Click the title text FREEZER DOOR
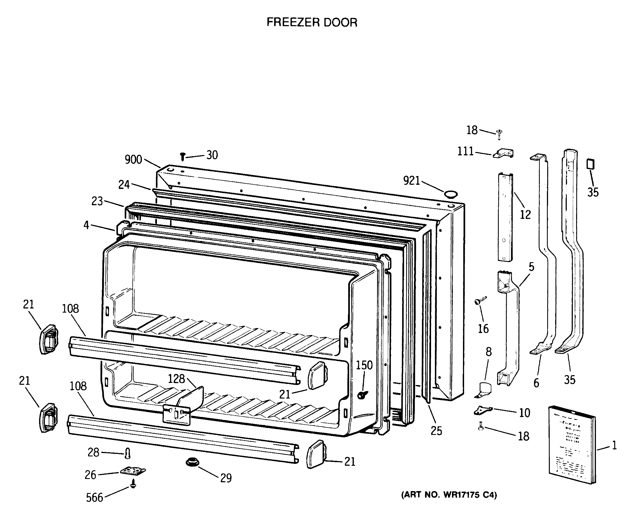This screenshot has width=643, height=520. point(312,23)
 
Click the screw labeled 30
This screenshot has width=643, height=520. point(182,156)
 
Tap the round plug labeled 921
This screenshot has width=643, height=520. point(451,194)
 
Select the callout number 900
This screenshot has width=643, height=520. point(133,160)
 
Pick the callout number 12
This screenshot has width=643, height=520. point(525,215)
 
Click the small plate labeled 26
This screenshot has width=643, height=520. point(133,471)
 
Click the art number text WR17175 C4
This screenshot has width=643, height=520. point(449,495)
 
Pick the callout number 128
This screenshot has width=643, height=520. point(176,379)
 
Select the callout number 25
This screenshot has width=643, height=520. point(436,431)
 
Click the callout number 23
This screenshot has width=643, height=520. point(97,201)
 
